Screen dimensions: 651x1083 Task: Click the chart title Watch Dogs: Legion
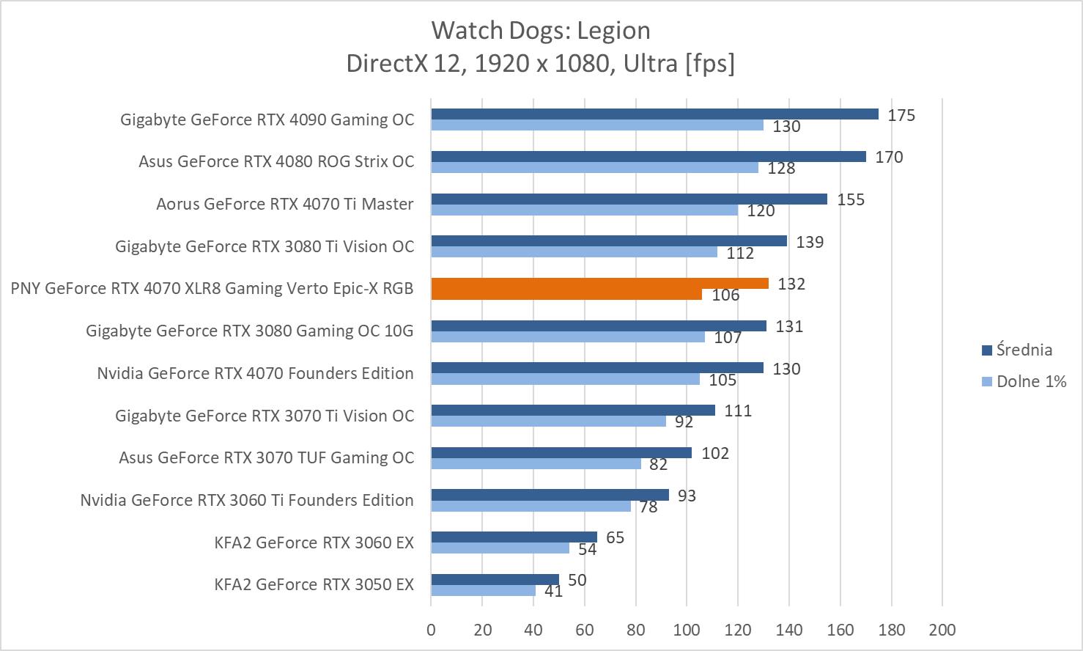pyautogui.click(x=540, y=31)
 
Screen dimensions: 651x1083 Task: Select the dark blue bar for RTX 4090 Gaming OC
pyautogui.click(x=654, y=114)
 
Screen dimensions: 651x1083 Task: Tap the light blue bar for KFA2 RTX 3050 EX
pyautogui.click(x=483, y=590)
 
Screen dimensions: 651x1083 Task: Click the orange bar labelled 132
pyautogui.click(x=599, y=284)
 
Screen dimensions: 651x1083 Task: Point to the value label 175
pyautogui.click(x=901, y=115)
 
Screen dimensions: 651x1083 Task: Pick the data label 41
pyautogui.click(x=553, y=591)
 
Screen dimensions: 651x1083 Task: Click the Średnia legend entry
pyautogui.click(x=1024, y=350)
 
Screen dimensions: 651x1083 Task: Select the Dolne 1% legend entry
pyautogui.click(x=1030, y=381)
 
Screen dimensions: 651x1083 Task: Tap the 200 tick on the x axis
pyautogui.click(x=942, y=630)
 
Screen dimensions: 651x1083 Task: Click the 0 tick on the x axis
pyautogui.click(x=431, y=630)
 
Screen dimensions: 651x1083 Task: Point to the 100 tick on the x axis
pyautogui.click(x=687, y=630)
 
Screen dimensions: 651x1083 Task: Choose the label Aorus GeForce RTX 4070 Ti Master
pyautogui.click(x=284, y=205)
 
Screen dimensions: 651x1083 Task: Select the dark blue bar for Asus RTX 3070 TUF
pyautogui.click(x=561, y=452)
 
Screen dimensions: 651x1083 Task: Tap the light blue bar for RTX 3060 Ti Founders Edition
pyautogui.click(x=531, y=506)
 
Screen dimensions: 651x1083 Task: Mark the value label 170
pyautogui.click(x=888, y=158)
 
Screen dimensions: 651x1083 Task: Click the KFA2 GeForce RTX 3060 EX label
pyautogui.click(x=314, y=542)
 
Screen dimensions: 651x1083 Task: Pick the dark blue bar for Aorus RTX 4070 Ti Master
pyautogui.click(x=629, y=199)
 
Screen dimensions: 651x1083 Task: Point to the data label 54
pyautogui.click(x=587, y=549)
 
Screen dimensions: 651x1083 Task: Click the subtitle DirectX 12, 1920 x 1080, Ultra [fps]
pyautogui.click(x=540, y=64)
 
